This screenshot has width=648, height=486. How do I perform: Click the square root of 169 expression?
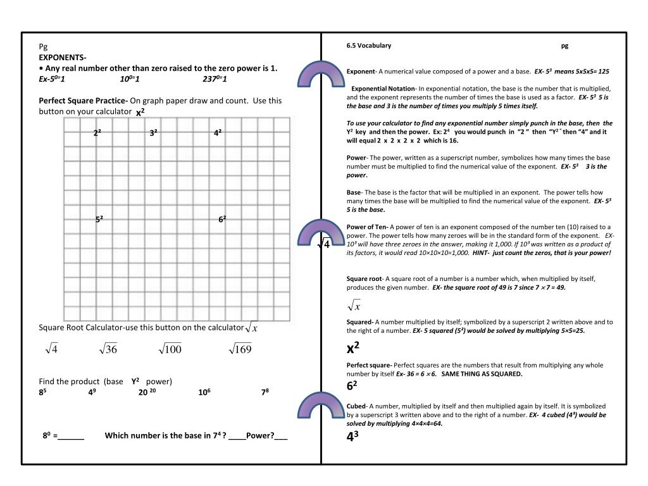click(240, 349)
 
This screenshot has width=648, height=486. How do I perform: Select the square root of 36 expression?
click(108, 349)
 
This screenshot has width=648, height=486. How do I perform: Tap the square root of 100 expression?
click(170, 349)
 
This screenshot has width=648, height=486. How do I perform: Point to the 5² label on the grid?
click(99, 220)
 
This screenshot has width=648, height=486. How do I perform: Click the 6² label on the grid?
click(222, 220)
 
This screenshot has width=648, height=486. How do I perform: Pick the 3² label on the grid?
click(154, 133)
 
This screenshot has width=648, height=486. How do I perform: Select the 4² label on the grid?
click(218, 133)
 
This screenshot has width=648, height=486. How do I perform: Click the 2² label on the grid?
click(97, 133)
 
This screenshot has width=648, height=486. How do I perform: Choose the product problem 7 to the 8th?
click(265, 392)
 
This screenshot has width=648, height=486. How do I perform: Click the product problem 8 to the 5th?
click(43, 392)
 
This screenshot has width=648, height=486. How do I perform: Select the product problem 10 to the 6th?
click(204, 392)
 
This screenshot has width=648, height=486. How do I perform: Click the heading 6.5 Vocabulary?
click(369, 46)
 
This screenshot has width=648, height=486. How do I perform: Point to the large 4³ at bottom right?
click(352, 436)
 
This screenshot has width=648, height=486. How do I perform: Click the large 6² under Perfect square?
click(352, 385)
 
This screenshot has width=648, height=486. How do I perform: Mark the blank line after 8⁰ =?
click(72, 436)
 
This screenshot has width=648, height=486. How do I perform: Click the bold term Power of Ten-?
click(367, 227)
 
